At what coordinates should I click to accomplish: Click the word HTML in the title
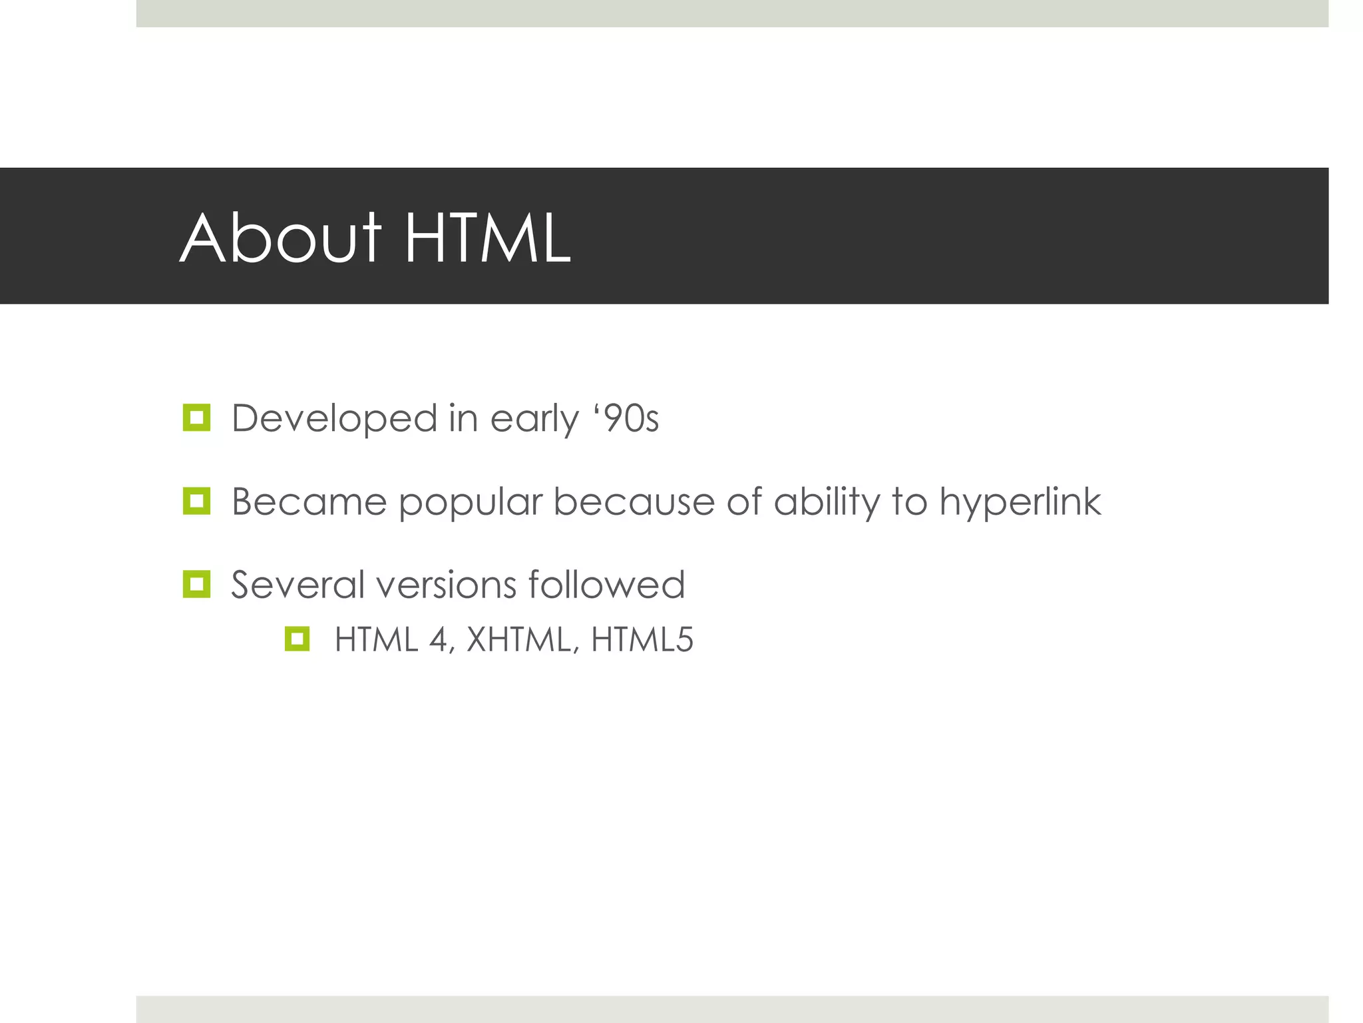click(487, 238)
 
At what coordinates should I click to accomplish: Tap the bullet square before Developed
click(196, 418)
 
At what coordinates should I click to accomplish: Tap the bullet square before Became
click(196, 502)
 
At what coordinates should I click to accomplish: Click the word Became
click(309, 502)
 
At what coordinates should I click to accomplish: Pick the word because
click(634, 502)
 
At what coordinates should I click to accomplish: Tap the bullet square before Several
click(196, 585)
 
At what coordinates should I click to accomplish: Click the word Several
click(297, 585)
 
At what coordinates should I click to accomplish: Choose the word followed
click(606, 585)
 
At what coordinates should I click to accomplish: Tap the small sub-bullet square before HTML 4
click(297, 639)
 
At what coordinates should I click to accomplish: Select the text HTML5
click(642, 640)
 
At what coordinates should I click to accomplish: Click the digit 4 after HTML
click(439, 640)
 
